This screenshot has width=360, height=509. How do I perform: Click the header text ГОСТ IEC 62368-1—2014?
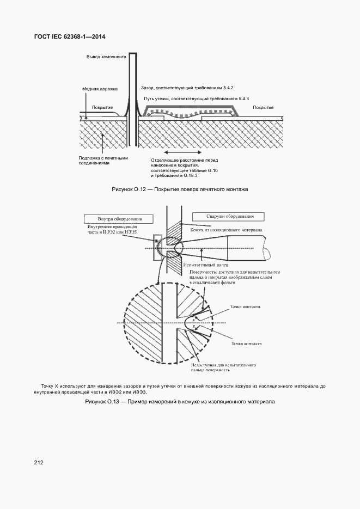pos(69,37)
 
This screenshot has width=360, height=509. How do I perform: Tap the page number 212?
pos(38,462)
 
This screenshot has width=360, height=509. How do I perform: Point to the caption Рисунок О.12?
pos(180,189)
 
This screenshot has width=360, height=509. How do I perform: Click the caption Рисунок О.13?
pos(180,402)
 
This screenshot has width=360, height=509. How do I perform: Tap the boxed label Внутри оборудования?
pos(119,219)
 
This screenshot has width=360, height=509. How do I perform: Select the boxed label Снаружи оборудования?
pos(234,216)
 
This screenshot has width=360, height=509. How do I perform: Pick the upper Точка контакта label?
pos(245,306)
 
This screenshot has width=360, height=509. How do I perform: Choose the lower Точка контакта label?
pos(246,344)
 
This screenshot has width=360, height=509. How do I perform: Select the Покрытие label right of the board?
pos(263,107)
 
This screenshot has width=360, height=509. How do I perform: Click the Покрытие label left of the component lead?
pos(102,107)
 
